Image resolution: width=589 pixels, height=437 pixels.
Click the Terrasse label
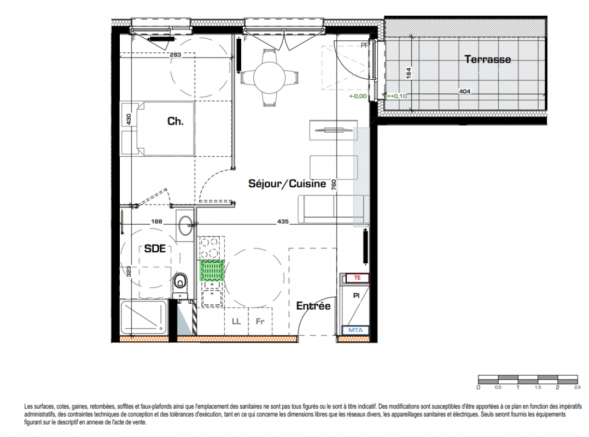488,59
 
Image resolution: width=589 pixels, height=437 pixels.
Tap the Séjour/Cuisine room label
287,184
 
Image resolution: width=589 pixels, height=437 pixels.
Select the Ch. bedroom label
175,121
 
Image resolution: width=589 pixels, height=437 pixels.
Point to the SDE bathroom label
155,249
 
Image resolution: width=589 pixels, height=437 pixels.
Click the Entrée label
313,306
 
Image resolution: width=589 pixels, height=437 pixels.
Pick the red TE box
357,278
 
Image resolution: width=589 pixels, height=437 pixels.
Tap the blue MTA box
355,330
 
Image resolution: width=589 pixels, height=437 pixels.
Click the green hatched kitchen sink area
212,270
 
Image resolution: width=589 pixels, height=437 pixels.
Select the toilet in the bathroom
180,284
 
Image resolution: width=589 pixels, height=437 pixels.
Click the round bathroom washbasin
185,226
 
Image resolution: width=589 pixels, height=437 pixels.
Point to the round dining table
269,78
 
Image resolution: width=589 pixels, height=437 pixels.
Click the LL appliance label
236,321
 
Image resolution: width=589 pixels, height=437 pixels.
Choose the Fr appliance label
260,321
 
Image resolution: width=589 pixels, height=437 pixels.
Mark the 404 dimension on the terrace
465,91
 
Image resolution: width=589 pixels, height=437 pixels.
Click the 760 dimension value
334,185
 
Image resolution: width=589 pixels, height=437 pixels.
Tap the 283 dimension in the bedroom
176,55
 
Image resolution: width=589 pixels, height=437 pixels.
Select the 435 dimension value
283,221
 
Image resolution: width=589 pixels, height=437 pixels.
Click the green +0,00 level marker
358,96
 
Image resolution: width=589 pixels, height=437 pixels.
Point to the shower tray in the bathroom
143,317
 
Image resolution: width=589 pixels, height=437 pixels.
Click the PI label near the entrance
356,296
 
